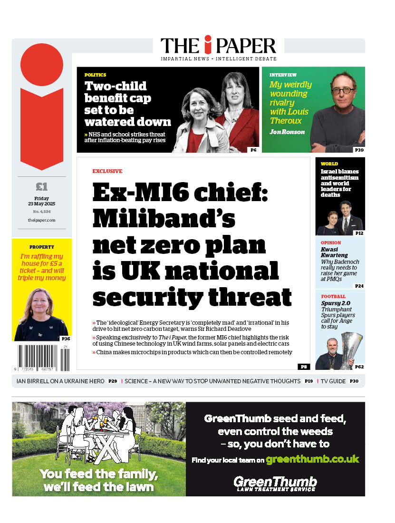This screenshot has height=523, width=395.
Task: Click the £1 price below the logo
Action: click(42, 187)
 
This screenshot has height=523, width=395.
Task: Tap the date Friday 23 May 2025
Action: click(42, 201)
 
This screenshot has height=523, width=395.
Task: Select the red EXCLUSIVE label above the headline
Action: click(107, 171)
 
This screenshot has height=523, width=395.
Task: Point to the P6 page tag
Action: click(253, 150)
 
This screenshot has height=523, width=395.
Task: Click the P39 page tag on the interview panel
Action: click(359, 150)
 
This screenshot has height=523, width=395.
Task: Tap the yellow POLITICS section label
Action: click(95, 75)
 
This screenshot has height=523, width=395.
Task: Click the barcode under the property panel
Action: click(42, 358)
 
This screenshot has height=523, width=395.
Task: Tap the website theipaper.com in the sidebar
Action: click(42, 220)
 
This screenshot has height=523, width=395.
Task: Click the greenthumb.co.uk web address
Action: click(312, 459)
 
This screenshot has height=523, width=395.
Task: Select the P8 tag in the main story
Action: click(303, 367)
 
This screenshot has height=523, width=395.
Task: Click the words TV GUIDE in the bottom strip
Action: click(333, 381)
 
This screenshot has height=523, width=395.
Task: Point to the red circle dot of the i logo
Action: click(42, 64)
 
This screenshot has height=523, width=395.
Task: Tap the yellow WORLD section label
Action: click(329, 164)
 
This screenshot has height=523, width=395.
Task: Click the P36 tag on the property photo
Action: click(66, 339)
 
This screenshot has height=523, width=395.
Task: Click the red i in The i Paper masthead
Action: click(207, 45)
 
